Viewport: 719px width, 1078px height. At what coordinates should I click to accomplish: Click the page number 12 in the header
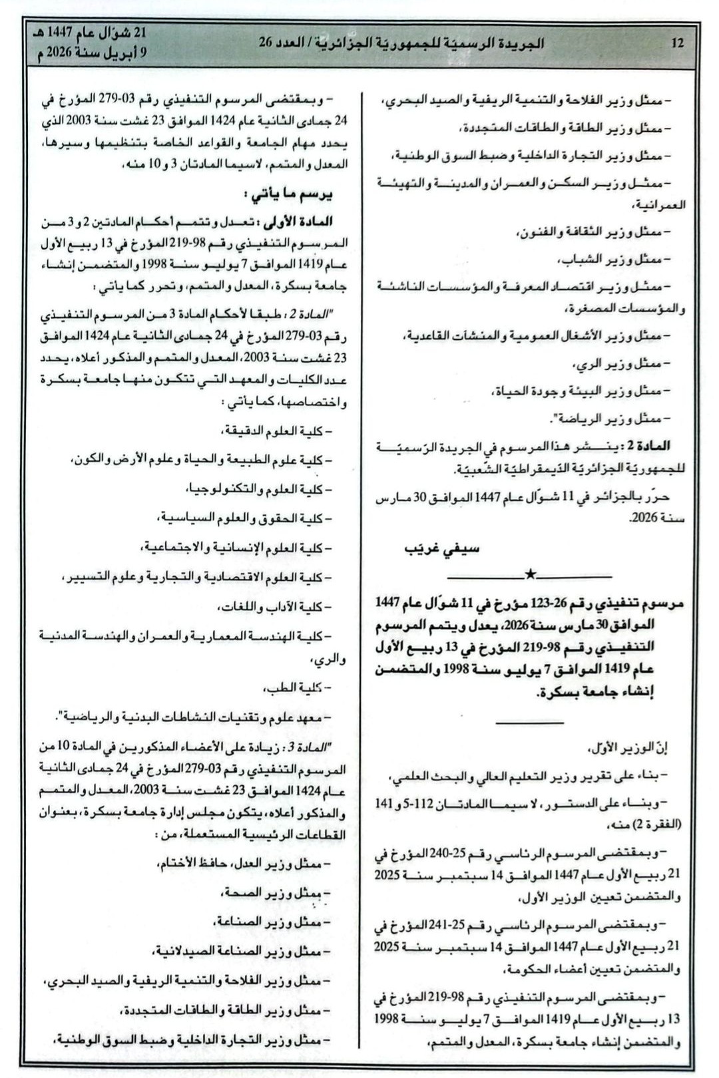tap(678, 44)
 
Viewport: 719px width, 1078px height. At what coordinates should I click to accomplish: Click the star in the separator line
tap(530, 574)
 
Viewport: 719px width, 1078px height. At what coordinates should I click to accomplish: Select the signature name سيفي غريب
tap(442, 549)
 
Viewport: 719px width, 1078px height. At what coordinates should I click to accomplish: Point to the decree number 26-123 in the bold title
tap(548, 603)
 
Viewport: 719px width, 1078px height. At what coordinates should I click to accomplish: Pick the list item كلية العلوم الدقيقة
tap(279, 432)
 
